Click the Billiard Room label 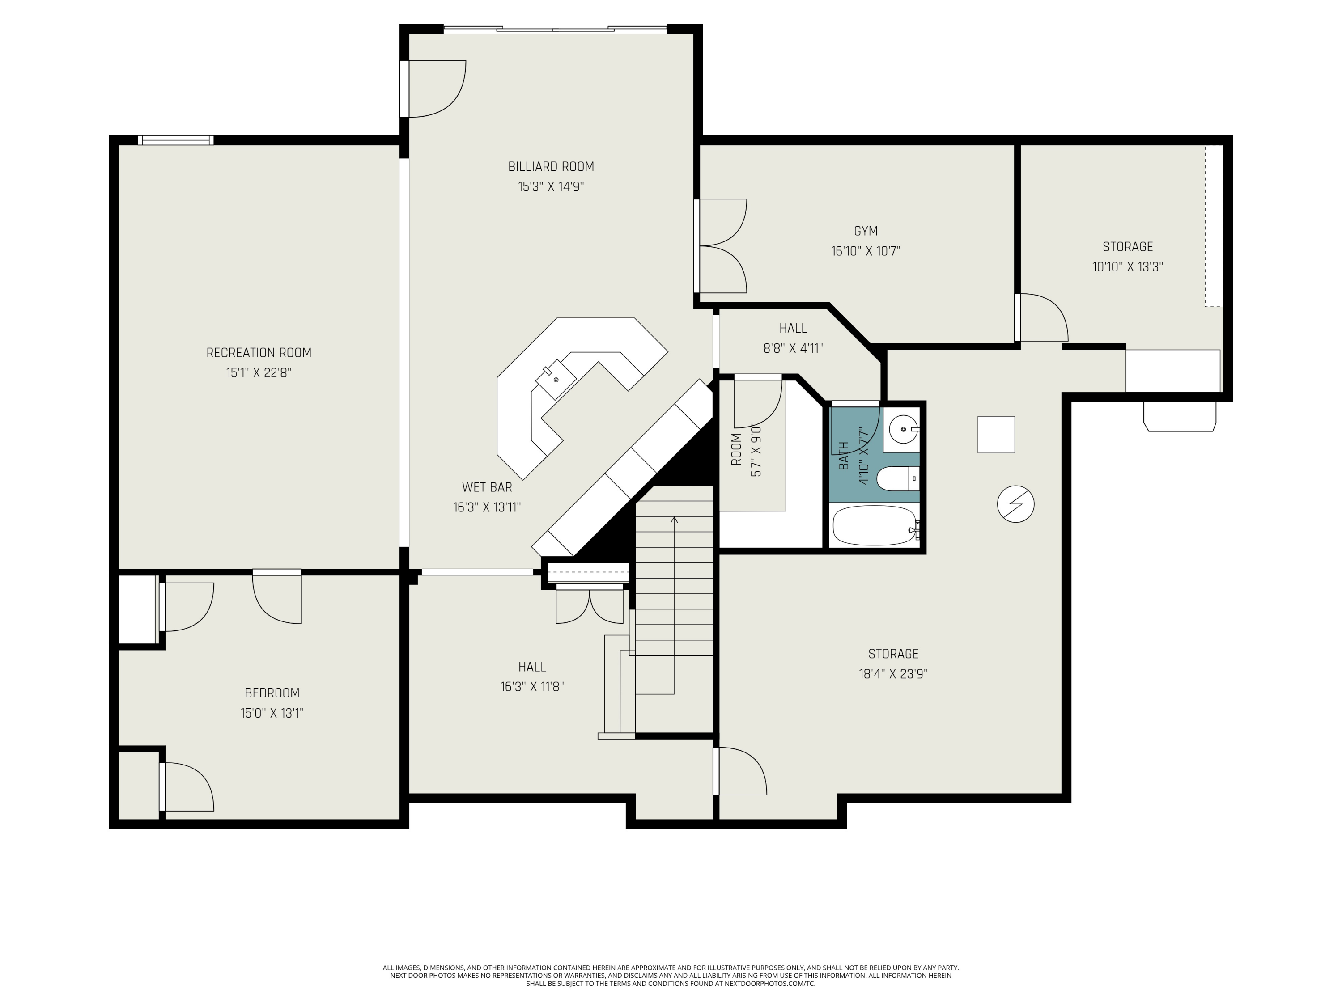click(x=550, y=167)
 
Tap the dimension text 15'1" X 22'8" click(x=259, y=372)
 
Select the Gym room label click(x=865, y=231)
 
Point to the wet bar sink click(x=556, y=380)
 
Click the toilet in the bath click(x=898, y=479)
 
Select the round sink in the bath click(x=903, y=429)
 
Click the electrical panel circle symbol click(x=1015, y=504)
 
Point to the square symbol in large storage click(x=996, y=434)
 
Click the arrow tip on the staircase click(x=674, y=520)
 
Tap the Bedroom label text click(x=272, y=693)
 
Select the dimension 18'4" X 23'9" click(x=893, y=674)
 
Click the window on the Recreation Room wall click(x=176, y=140)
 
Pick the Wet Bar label click(x=487, y=487)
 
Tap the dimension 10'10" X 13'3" click(x=1127, y=267)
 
